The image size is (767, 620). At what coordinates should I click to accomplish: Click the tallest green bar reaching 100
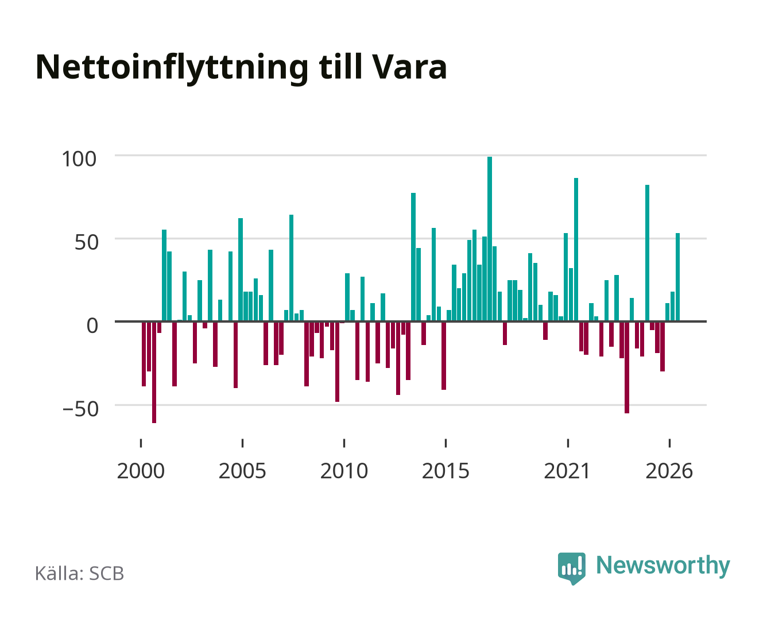(x=489, y=238)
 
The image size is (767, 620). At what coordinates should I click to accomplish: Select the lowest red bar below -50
(x=154, y=372)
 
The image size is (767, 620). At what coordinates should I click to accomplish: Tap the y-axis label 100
(x=79, y=159)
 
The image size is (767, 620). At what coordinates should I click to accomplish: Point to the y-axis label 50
(x=87, y=242)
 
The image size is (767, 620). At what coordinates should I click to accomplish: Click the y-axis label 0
(x=92, y=325)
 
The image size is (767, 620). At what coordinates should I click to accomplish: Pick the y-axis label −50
(x=80, y=409)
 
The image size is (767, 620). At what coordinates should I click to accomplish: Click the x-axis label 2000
(x=141, y=471)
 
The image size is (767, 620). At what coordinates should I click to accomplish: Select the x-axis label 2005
(x=242, y=471)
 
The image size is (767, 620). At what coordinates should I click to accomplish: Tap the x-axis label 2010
(x=344, y=471)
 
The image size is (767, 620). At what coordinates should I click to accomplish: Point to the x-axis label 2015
(x=446, y=471)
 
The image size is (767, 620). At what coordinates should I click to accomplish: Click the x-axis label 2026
(x=669, y=471)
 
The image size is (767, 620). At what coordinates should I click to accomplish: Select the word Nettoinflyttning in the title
(x=172, y=69)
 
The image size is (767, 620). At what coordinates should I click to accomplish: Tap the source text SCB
(x=107, y=573)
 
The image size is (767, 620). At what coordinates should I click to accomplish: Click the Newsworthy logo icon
(x=571, y=568)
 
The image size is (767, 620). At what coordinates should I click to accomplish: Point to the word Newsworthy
(x=663, y=566)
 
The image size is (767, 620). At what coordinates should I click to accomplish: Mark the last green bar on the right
(x=677, y=277)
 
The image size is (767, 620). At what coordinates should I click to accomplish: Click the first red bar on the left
(x=144, y=354)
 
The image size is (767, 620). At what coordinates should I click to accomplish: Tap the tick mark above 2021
(x=568, y=443)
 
